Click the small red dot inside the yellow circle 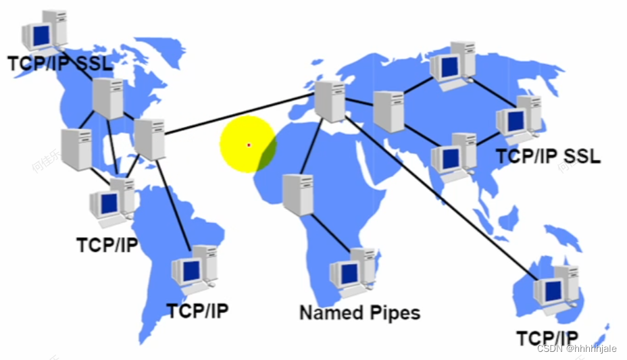click(x=249, y=145)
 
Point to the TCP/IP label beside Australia click(x=547, y=338)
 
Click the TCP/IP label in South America click(x=197, y=311)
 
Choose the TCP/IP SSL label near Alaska click(x=60, y=63)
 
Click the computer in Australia click(x=556, y=288)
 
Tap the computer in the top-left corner click(x=45, y=32)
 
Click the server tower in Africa click(x=297, y=195)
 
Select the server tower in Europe click(x=330, y=101)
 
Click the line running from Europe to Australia click(x=439, y=196)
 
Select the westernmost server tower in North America click(x=76, y=149)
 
